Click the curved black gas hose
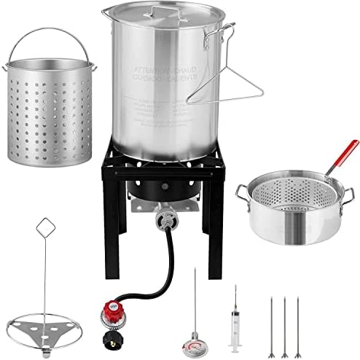149,255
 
